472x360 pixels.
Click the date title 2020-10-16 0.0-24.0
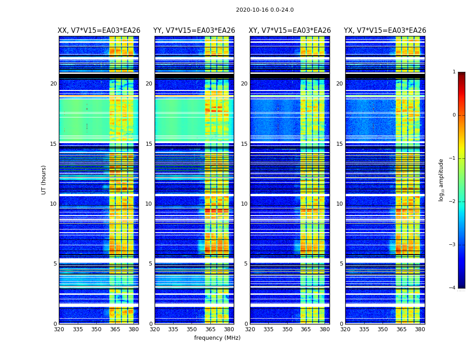click(x=265, y=10)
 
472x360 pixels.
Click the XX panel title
click(x=99, y=31)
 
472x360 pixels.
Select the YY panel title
click(x=194, y=31)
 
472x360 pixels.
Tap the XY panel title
click(x=290, y=31)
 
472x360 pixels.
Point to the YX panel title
click(x=385, y=31)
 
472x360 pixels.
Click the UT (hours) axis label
click(x=44, y=180)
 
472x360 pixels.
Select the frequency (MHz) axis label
click(x=217, y=338)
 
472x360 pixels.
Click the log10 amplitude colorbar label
click(x=441, y=180)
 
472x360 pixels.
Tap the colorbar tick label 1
click(x=454, y=72)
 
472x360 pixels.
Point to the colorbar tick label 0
click(x=454, y=115)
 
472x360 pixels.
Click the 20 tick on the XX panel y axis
click(x=53, y=84)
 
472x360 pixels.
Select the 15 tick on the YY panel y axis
click(x=149, y=144)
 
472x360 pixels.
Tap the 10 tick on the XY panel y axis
click(x=244, y=204)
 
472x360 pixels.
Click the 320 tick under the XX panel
click(x=59, y=329)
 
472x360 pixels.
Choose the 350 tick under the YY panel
click(x=192, y=329)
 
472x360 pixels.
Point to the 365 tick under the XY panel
click(x=306, y=329)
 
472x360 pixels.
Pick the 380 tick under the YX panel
click(x=420, y=329)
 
